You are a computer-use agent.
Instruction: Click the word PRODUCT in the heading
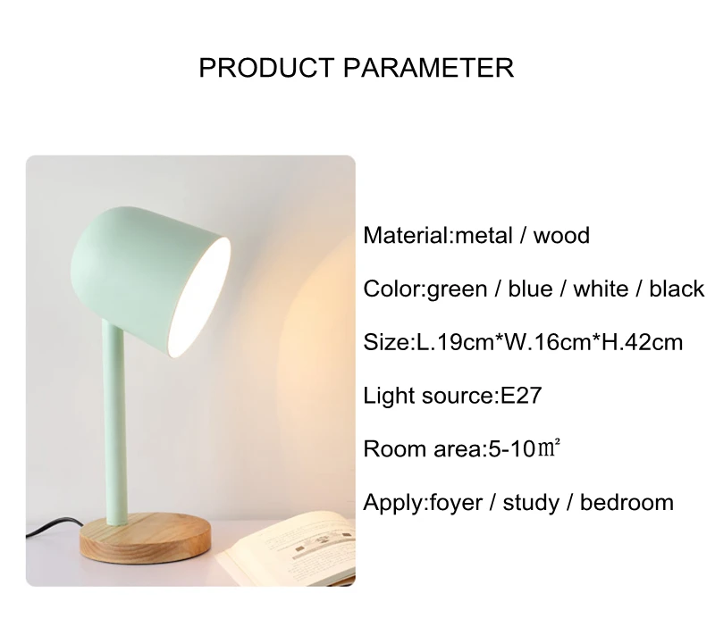pyautogui.click(x=266, y=68)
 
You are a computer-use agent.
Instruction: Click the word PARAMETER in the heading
pyautogui.click(x=429, y=68)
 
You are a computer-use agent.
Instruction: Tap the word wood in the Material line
pyautogui.click(x=561, y=236)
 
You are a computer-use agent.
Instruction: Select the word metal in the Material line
pyautogui.click(x=484, y=236)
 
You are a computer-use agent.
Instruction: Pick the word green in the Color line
pyautogui.click(x=457, y=290)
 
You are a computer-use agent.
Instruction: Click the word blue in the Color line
pyautogui.click(x=530, y=289)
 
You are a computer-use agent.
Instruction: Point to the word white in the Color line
pyautogui.click(x=601, y=289)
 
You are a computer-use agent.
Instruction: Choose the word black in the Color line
pyautogui.click(x=677, y=289)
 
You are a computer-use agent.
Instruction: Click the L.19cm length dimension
pyautogui.click(x=455, y=342)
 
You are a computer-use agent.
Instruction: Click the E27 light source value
pyautogui.click(x=521, y=396)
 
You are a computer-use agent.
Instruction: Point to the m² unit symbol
pyautogui.click(x=549, y=448)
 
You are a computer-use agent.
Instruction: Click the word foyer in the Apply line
pyautogui.click(x=456, y=503)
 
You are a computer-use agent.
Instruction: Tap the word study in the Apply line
pyautogui.click(x=531, y=503)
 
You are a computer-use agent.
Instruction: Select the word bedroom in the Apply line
pyautogui.click(x=627, y=502)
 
